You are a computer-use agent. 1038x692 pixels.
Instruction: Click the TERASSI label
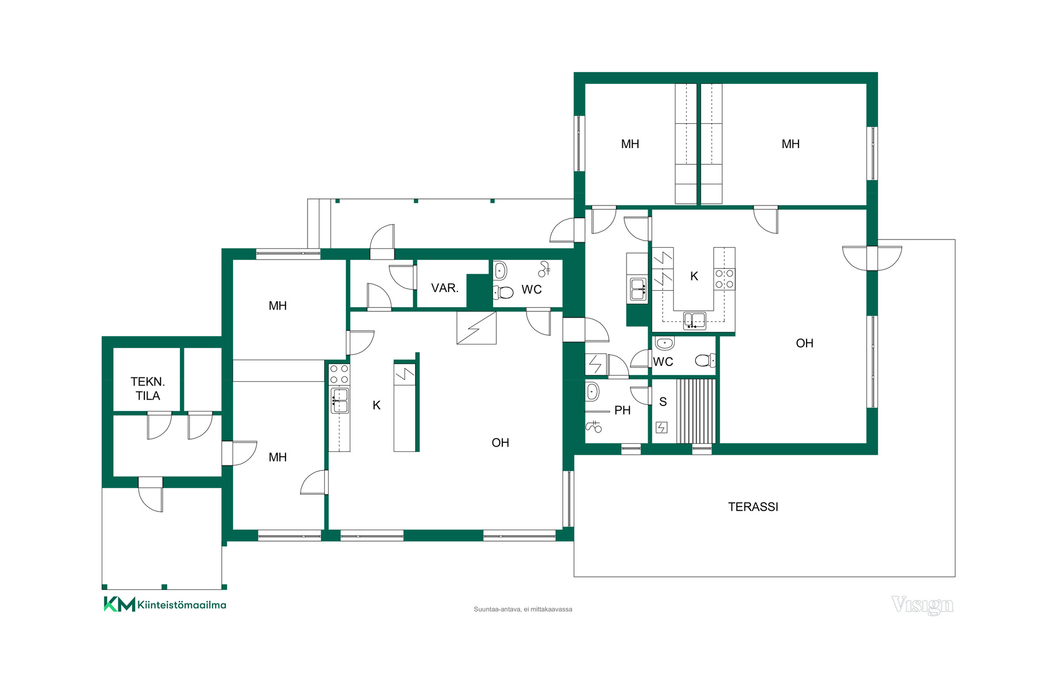pos(753,507)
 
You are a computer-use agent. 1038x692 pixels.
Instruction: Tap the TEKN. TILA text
pos(148,389)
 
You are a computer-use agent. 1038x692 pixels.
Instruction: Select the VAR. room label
pos(445,288)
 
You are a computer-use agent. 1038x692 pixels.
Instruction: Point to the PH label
pos(622,410)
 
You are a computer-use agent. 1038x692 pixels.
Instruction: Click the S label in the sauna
pos(663,402)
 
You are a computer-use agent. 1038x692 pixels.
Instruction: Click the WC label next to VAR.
pos(531,290)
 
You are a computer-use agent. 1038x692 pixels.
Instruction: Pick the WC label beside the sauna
pos(663,362)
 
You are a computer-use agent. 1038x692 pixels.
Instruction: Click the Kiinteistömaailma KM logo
pos(165,604)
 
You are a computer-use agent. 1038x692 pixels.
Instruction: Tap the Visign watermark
pos(922,605)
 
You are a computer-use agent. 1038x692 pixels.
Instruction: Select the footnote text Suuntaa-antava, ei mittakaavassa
pos(523,609)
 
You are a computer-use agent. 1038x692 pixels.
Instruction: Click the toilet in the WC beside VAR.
pos(503,292)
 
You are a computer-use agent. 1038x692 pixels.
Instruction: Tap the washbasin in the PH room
pos(593,391)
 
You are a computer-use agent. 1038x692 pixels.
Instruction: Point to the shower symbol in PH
pos(594,427)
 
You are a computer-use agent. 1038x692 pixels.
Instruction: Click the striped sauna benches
pos(696,411)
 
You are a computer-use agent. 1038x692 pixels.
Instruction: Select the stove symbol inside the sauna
pos(661,428)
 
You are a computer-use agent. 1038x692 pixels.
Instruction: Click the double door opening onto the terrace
pos(872,258)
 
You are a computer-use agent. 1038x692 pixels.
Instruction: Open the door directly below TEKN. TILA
pos(159,425)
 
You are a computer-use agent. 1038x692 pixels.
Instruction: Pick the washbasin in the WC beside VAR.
pos(500,270)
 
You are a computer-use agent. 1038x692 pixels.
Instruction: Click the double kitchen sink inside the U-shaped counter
pos(695,320)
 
